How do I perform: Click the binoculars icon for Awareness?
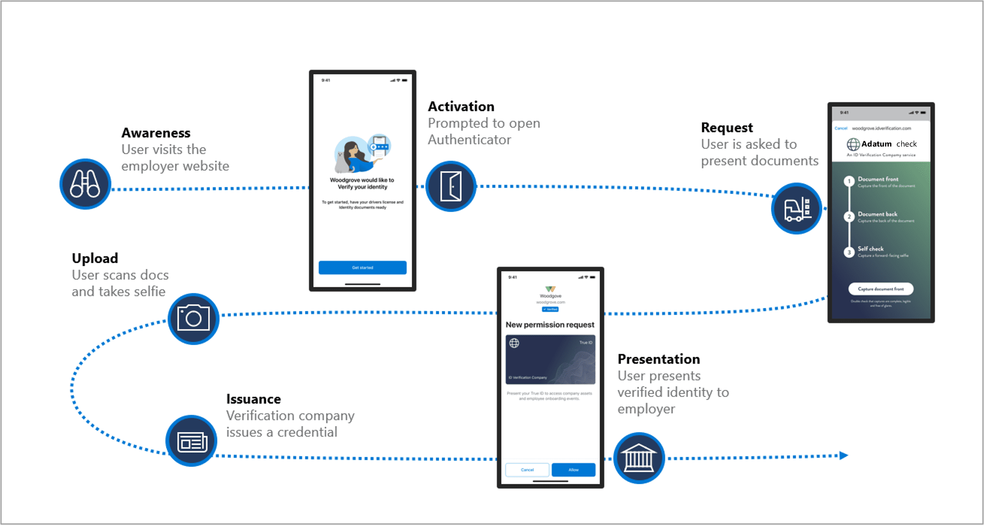[x=85, y=184]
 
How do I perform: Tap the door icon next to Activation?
[x=451, y=186]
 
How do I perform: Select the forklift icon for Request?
[x=796, y=209]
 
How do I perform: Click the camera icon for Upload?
[x=193, y=319]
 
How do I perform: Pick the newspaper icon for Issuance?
[x=191, y=441]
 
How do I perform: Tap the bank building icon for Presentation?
[x=639, y=458]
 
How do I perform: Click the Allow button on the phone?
[x=573, y=470]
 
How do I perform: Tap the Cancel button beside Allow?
[x=527, y=470]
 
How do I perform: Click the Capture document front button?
[x=880, y=289]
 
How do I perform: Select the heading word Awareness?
[x=156, y=133]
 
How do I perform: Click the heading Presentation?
[x=659, y=359]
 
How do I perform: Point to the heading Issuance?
[x=253, y=399]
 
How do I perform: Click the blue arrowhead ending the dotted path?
[x=843, y=455]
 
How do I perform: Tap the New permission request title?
[x=550, y=325]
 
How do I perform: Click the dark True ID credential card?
[x=550, y=359]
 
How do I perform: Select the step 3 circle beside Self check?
[x=848, y=252]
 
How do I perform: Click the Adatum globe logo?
[x=853, y=144]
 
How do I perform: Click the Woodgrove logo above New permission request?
[x=550, y=289]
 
